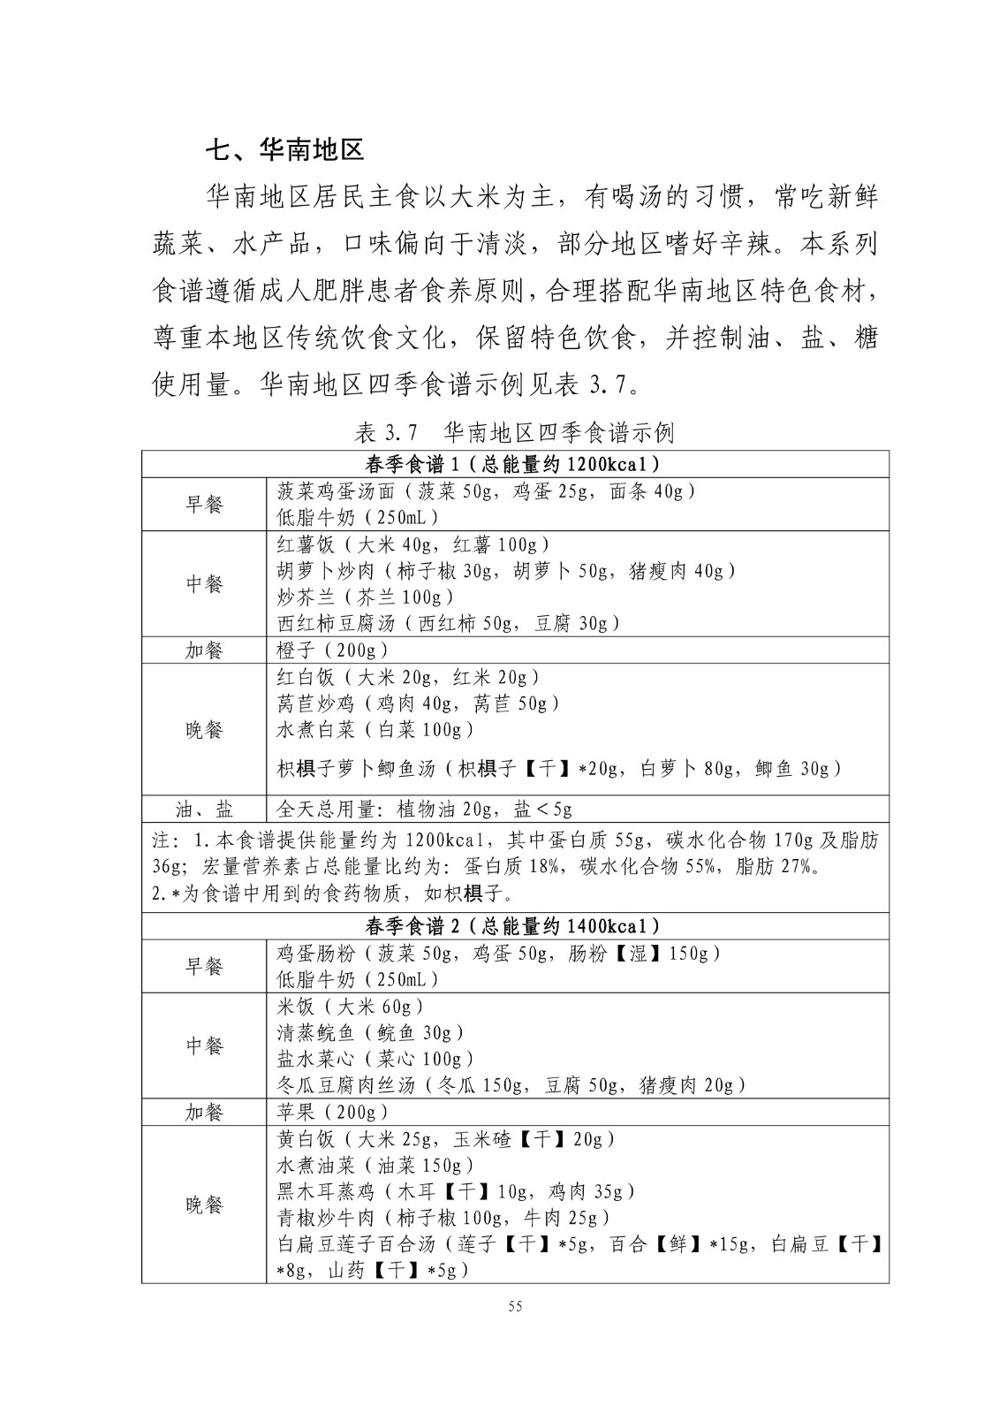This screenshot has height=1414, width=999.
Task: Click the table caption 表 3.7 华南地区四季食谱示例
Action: [x=514, y=432]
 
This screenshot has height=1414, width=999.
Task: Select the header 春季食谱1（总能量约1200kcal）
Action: [x=514, y=464]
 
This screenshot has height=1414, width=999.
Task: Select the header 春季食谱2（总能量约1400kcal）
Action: [x=514, y=926]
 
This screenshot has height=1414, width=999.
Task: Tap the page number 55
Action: [x=516, y=1307]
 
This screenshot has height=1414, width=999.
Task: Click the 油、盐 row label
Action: [x=204, y=809]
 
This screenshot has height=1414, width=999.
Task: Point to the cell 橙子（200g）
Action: [x=332, y=650]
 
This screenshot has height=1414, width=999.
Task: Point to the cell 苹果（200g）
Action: [x=332, y=1112]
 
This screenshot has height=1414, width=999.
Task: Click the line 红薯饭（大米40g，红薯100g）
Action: [x=413, y=544]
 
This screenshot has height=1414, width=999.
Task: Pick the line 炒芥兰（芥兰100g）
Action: [x=366, y=597]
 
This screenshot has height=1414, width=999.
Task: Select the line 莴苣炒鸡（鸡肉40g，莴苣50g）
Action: [x=418, y=703]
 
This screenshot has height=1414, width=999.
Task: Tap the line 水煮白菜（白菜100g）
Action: [x=375, y=730]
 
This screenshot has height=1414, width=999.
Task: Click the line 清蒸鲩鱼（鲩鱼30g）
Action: [x=371, y=1032]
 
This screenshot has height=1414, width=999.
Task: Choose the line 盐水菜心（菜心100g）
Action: [x=375, y=1059]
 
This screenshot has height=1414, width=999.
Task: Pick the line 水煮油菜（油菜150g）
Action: [x=375, y=1165]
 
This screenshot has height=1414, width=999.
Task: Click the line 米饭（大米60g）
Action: [x=351, y=1006]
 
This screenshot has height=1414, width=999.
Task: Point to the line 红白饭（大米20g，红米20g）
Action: [x=408, y=677]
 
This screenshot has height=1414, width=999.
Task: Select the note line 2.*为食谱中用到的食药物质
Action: [x=332, y=893]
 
